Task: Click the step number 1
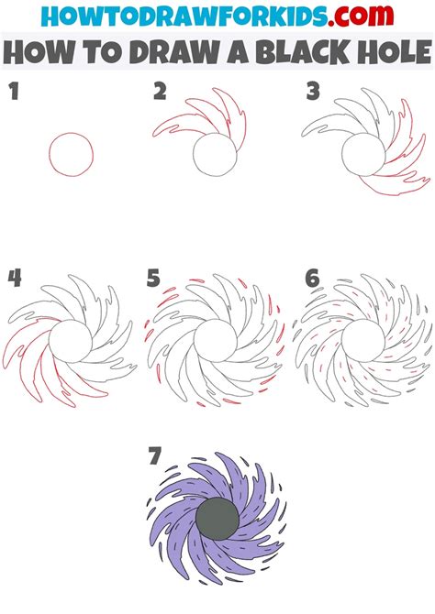(x=14, y=92)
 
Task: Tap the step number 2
(x=160, y=92)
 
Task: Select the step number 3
(x=313, y=92)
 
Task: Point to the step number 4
(x=15, y=278)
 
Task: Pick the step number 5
(x=153, y=278)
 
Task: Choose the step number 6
(x=312, y=278)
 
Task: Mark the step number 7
(x=155, y=455)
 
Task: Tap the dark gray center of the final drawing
(x=217, y=520)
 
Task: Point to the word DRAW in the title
(x=173, y=52)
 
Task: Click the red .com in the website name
(x=361, y=16)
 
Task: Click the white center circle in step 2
(x=216, y=154)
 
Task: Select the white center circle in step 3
(x=363, y=154)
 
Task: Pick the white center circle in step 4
(x=71, y=341)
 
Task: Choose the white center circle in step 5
(x=216, y=341)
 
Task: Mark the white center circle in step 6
(x=363, y=341)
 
